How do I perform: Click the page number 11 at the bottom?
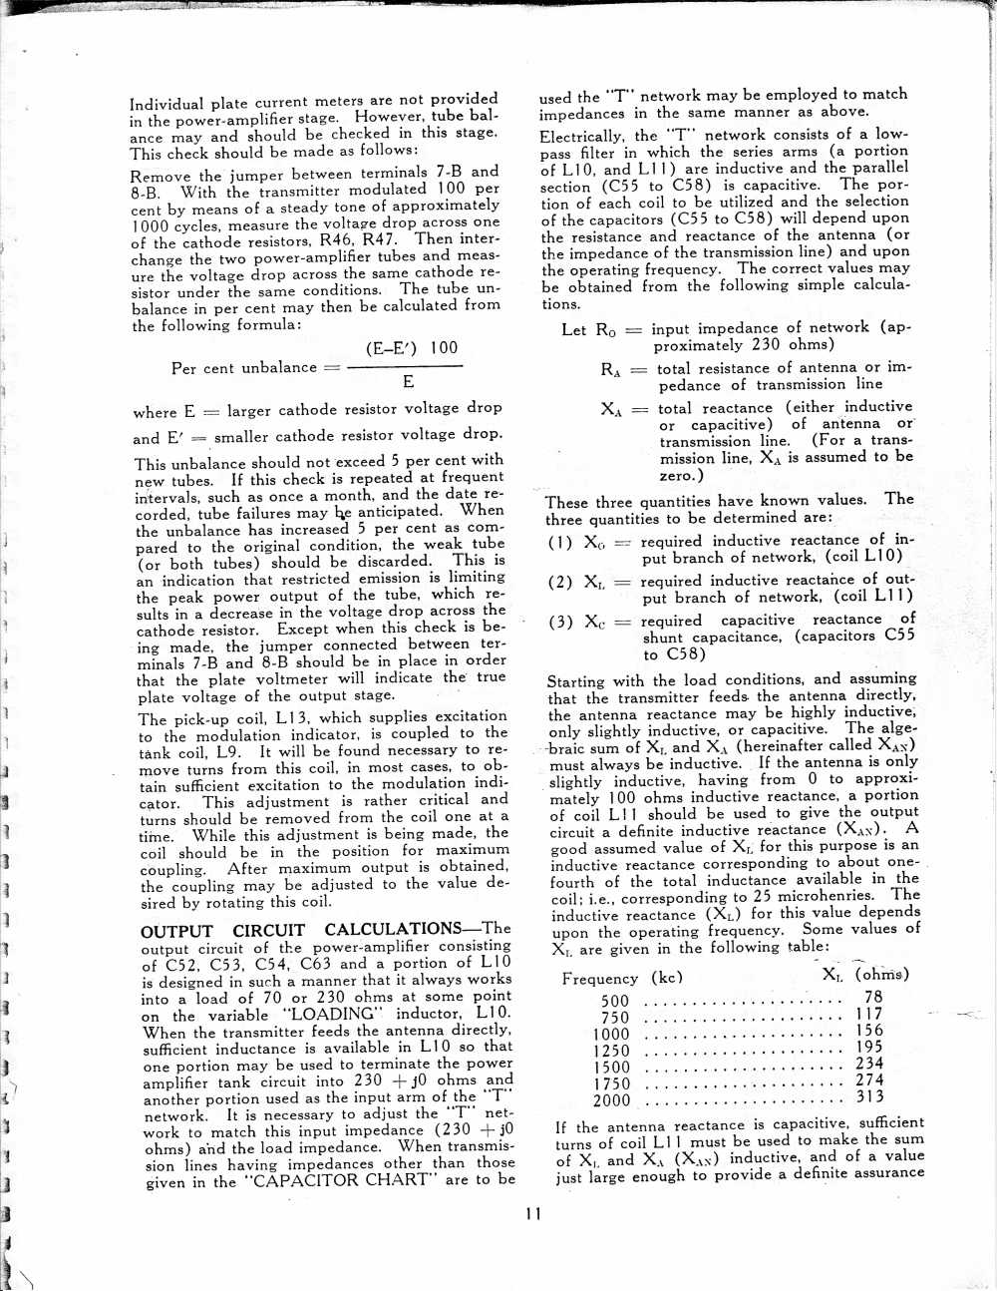point(533,1214)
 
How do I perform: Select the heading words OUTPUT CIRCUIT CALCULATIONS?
point(325,930)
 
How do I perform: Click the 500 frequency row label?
point(615,1002)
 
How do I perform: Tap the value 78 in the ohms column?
point(873,997)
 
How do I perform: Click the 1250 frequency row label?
point(611,1051)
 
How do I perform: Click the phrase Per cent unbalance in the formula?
point(243,368)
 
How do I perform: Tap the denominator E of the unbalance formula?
point(408,382)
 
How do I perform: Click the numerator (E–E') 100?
point(411,348)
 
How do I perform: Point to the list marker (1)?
point(560,543)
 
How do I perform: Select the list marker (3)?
point(560,623)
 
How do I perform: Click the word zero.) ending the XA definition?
point(682,475)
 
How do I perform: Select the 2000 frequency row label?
point(611,1101)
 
